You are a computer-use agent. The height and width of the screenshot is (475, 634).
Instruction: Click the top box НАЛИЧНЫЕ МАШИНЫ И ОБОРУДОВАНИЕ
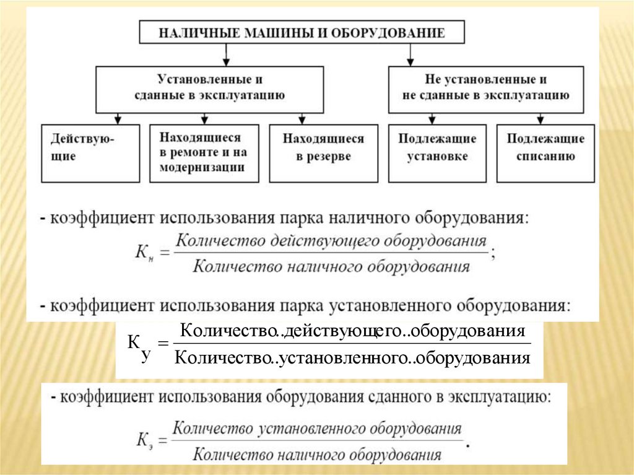(302, 33)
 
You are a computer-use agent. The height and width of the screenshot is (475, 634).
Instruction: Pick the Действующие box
(90, 153)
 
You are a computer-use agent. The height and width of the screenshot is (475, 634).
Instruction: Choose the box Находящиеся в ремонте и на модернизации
(204, 153)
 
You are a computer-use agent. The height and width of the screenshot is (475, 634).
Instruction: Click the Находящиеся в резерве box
(323, 153)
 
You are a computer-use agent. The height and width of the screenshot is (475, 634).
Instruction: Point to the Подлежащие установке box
(436, 153)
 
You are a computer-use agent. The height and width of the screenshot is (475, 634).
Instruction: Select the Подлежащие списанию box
(545, 153)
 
